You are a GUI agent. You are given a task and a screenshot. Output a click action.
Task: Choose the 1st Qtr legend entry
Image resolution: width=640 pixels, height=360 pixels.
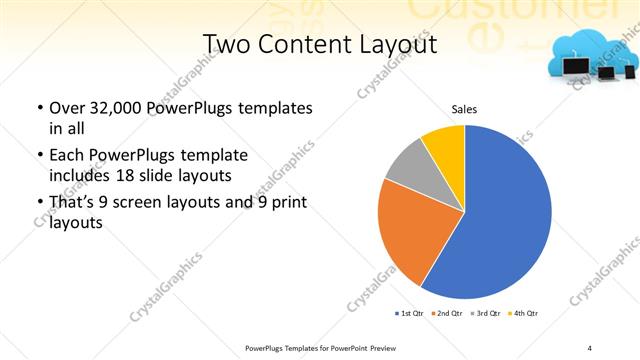[408, 314]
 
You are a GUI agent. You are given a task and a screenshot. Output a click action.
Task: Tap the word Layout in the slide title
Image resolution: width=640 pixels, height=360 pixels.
[399, 45]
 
